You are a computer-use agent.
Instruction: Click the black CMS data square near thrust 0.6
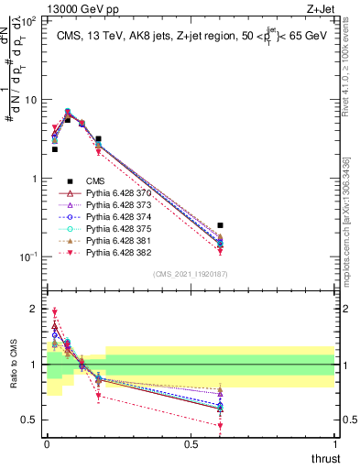pyautogui.click(x=220, y=225)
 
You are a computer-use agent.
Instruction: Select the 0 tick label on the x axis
pyautogui.click(x=47, y=444)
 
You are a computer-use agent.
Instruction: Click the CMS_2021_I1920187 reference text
pyautogui.click(x=191, y=273)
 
